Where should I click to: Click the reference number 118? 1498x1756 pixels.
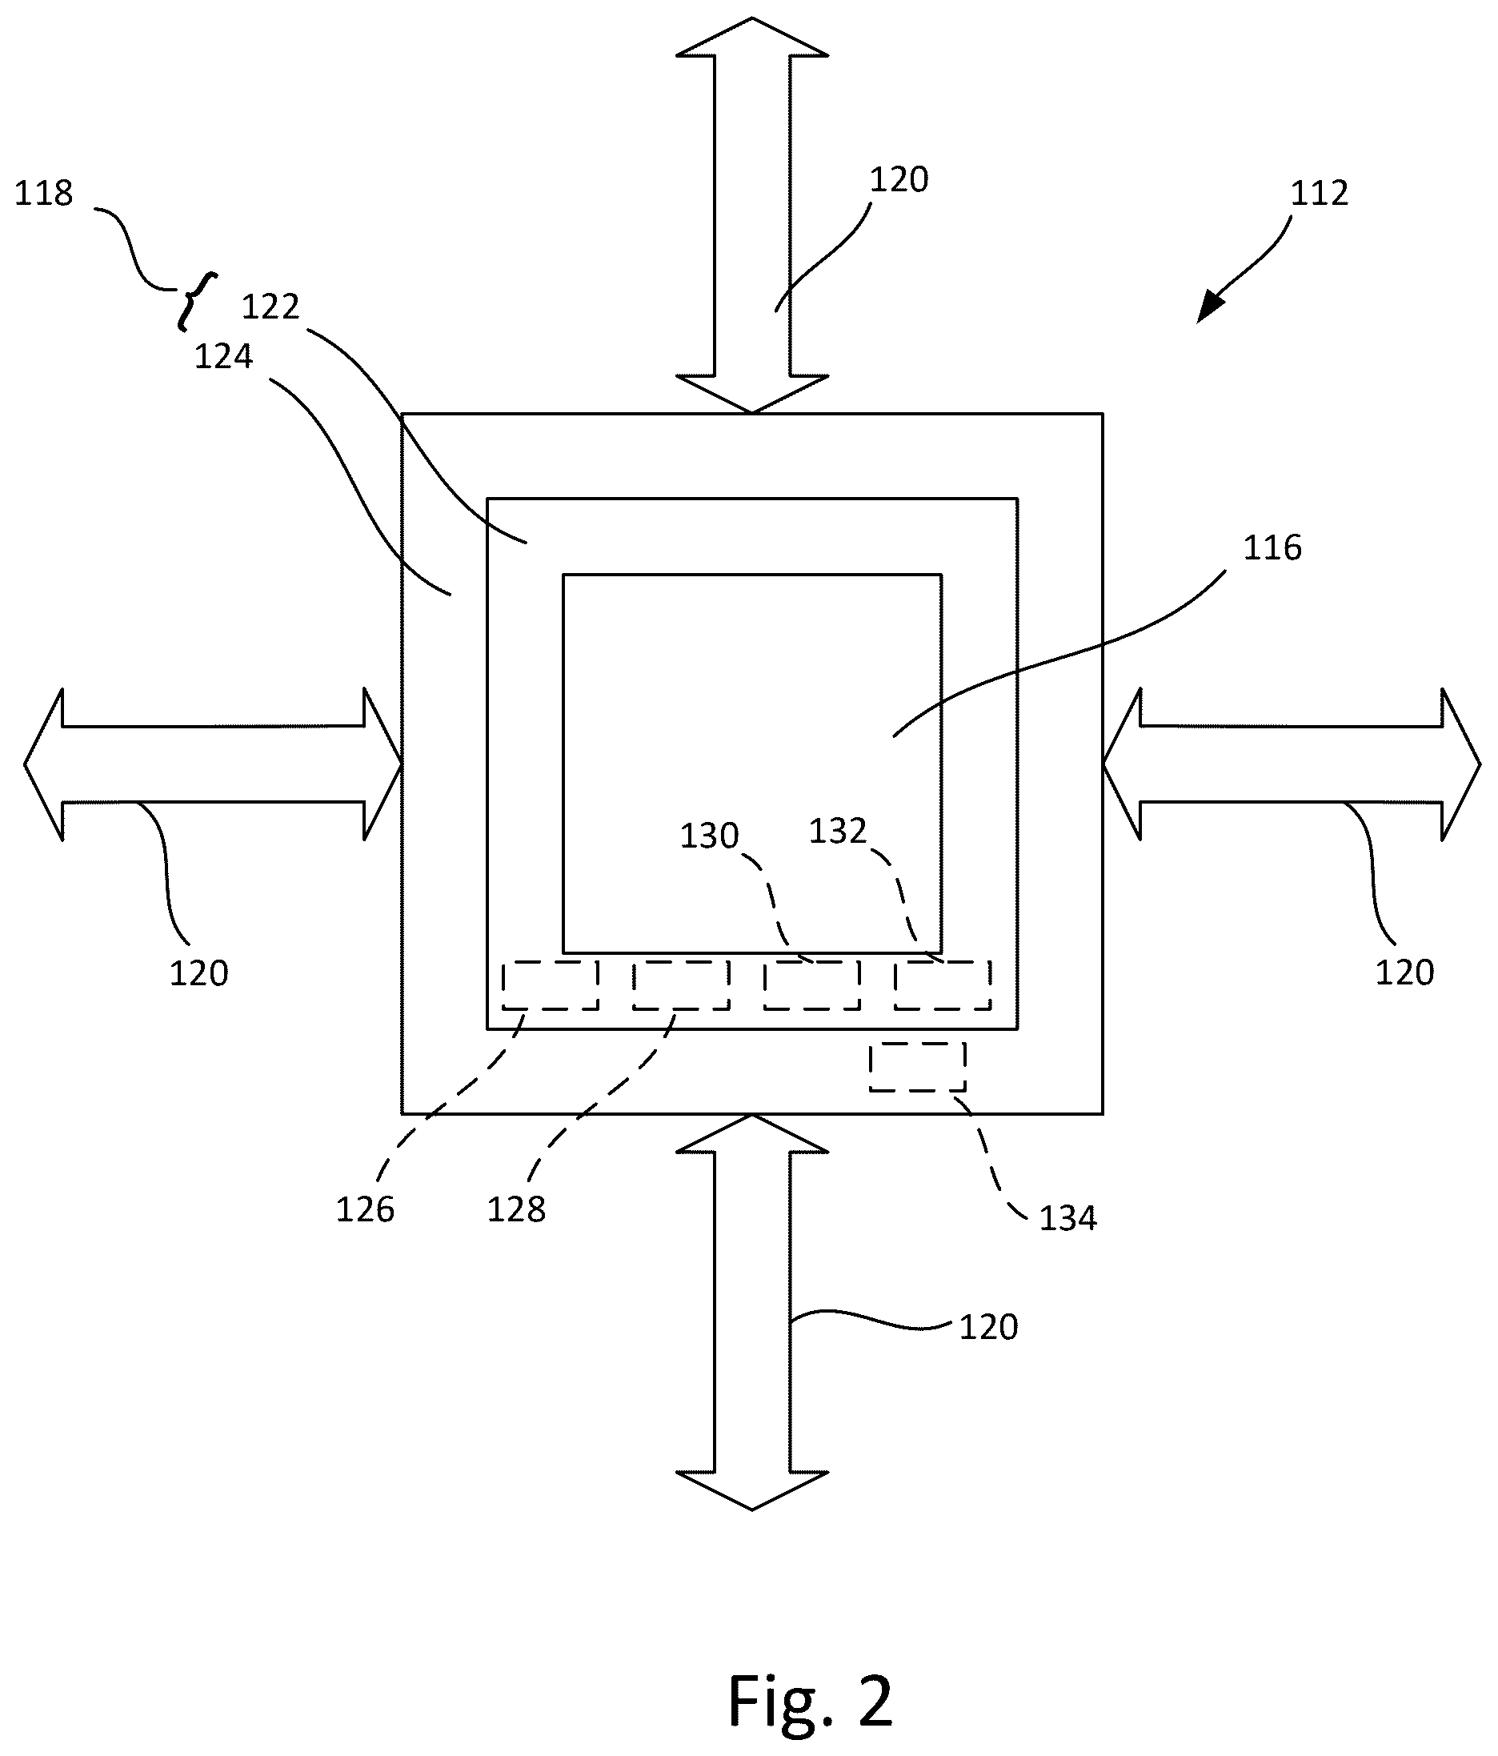(44, 194)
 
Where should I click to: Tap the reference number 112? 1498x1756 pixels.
(1320, 194)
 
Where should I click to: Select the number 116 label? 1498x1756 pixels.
(1272, 548)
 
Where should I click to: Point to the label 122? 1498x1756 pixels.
(270, 307)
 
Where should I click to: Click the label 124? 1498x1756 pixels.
(224, 357)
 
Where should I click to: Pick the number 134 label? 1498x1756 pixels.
(1067, 1219)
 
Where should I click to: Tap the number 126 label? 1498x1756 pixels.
(365, 1210)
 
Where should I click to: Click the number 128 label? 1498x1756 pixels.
(516, 1210)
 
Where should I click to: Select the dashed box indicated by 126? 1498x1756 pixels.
(551, 985)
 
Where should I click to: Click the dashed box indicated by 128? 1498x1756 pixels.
(681, 985)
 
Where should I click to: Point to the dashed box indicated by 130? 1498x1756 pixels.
(811, 985)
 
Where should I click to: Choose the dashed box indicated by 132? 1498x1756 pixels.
(942, 985)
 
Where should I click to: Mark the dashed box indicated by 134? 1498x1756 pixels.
(918, 1067)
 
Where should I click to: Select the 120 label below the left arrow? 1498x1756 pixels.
(199, 974)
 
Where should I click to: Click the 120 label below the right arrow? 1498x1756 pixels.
(1404, 973)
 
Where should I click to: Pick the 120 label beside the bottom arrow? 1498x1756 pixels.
(988, 1327)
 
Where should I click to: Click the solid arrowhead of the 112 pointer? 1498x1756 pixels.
(1209, 308)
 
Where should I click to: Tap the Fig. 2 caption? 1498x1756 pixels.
(810, 1701)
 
